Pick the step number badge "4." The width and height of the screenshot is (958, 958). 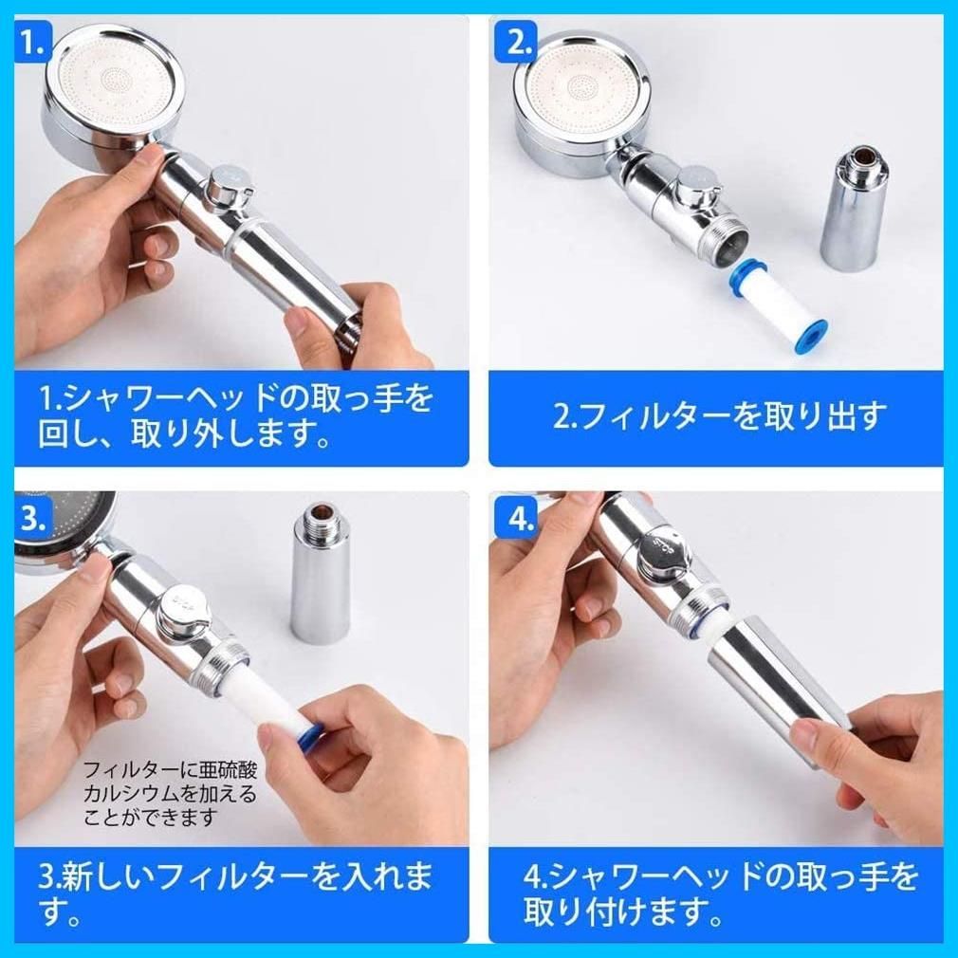point(517,519)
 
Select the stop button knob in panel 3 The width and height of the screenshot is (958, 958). point(183,608)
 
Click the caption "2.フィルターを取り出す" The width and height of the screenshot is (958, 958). point(719,416)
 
